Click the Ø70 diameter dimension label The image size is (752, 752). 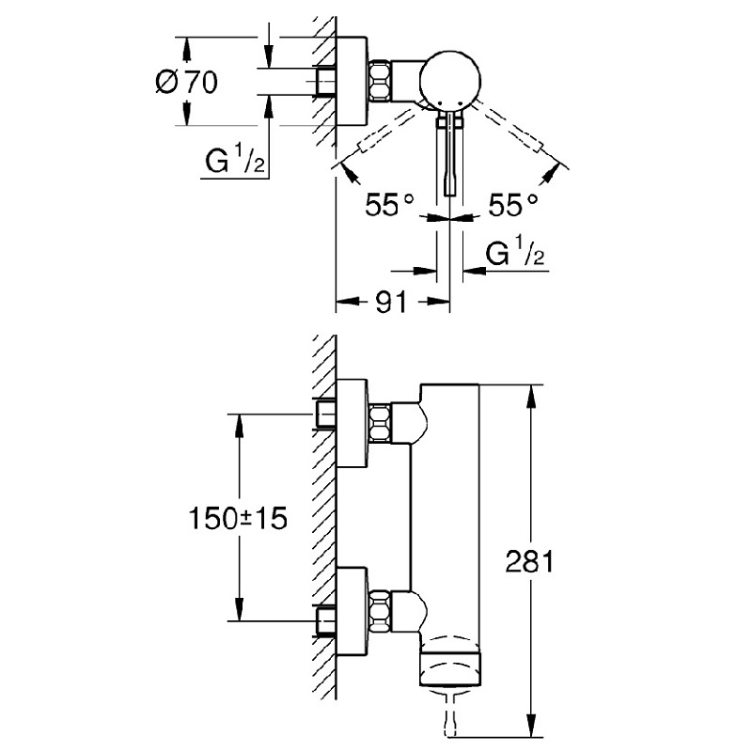pyautogui.click(x=185, y=82)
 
